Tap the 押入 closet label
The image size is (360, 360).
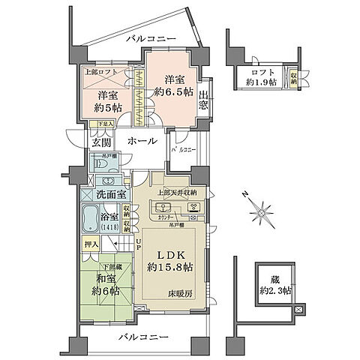88,244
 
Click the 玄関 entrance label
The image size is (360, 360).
101,142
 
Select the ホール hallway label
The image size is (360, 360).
142,141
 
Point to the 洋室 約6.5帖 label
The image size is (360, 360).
171,85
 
